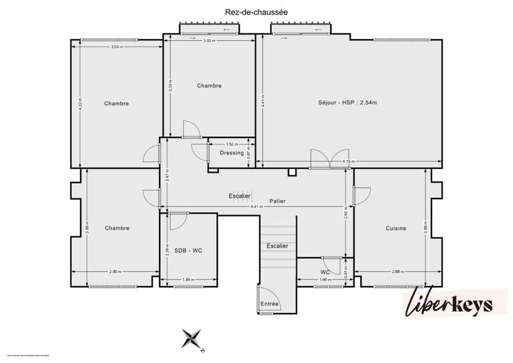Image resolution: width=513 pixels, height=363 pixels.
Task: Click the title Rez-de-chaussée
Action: (256, 11)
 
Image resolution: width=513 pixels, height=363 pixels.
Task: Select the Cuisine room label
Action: (396, 228)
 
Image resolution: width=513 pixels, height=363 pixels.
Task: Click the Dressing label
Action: (231, 153)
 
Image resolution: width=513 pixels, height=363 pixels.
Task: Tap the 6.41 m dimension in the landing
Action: (256, 207)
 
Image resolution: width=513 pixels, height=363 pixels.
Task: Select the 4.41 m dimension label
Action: (262, 100)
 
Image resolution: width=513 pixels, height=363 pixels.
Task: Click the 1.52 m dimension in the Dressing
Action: (231, 145)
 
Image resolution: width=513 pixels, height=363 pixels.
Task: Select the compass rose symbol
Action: (191, 339)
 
